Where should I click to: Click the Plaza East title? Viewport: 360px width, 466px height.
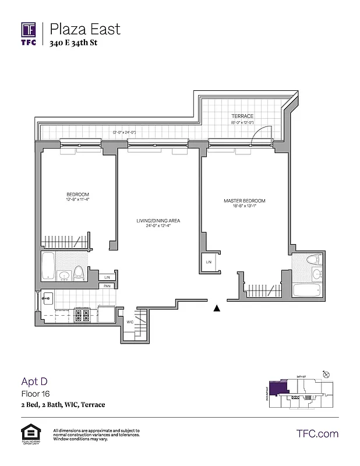coord(85,29)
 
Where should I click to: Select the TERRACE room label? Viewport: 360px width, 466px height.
coord(242,116)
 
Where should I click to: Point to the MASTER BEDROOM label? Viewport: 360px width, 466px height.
coord(244,201)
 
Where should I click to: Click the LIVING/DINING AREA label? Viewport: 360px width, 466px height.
coord(158,221)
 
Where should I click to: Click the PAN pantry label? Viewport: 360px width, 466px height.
coord(107,286)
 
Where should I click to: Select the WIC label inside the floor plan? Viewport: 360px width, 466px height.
coord(130,322)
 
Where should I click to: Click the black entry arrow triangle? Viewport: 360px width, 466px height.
coord(217,308)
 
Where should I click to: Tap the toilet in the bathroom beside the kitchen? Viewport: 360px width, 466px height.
coord(79,272)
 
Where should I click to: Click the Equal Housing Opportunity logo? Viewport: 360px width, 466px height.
coord(29,434)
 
